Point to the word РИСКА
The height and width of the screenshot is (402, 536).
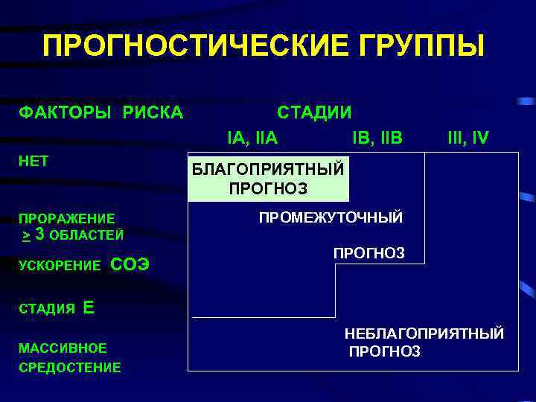(148, 112)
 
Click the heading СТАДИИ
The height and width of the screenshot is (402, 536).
(314, 112)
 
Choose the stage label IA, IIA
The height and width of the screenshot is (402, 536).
(252, 138)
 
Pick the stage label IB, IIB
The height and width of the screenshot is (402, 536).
(377, 138)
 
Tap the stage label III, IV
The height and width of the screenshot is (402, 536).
(468, 138)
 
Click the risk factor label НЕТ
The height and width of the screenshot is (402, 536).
(33, 161)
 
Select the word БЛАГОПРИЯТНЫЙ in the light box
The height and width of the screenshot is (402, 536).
(268, 168)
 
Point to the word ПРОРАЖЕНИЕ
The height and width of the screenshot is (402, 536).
(67, 219)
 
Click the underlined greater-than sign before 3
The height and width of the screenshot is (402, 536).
(26, 235)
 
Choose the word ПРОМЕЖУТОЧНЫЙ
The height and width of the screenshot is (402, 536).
(331, 217)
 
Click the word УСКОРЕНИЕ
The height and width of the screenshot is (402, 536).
(60, 266)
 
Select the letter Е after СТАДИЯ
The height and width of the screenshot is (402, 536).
(89, 307)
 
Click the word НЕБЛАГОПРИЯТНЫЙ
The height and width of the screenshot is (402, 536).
(424, 334)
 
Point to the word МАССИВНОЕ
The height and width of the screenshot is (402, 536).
(63, 348)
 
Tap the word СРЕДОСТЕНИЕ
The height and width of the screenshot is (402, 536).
(70, 367)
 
